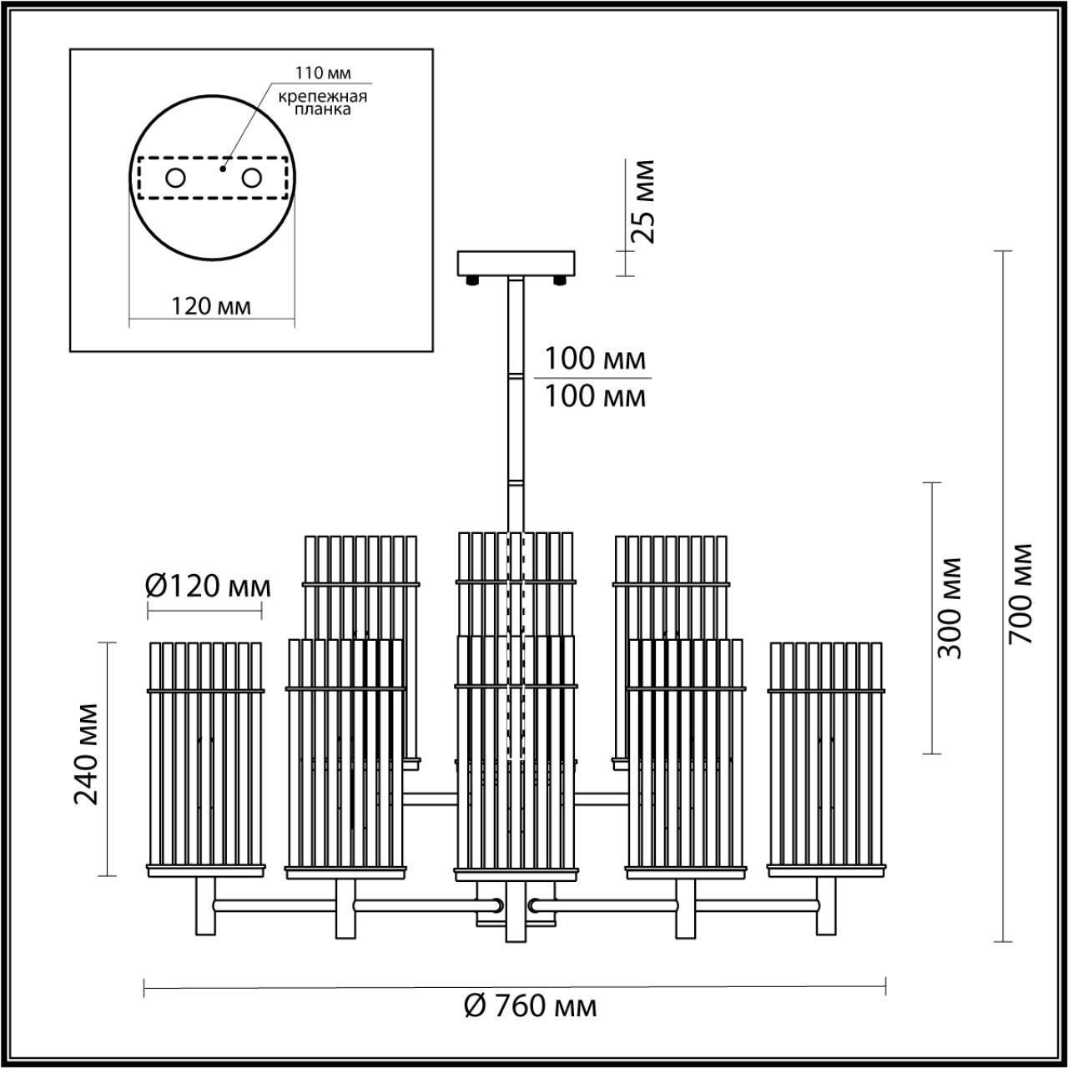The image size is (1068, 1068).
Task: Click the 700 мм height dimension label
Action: (x=1020, y=593)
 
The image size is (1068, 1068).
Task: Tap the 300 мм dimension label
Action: (x=948, y=608)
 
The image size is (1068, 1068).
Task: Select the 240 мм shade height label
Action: (x=86, y=754)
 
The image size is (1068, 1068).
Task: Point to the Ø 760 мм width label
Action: (x=530, y=1006)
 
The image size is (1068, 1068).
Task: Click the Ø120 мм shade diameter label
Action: (x=209, y=587)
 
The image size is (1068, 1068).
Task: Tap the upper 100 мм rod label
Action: (x=595, y=359)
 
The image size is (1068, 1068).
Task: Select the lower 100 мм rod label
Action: (x=595, y=395)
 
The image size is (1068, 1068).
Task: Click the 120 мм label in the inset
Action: (x=211, y=306)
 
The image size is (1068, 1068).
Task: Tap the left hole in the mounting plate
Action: (x=176, y=178)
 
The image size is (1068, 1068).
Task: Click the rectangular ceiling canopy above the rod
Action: (x=516, y=264)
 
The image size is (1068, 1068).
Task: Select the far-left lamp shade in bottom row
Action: (x=205, y=759)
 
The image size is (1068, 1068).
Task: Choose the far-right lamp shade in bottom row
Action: (x=825, y=759)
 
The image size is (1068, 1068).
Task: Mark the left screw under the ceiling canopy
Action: (x=473, y=281)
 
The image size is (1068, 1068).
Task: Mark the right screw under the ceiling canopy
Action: (x=560, y=281)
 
